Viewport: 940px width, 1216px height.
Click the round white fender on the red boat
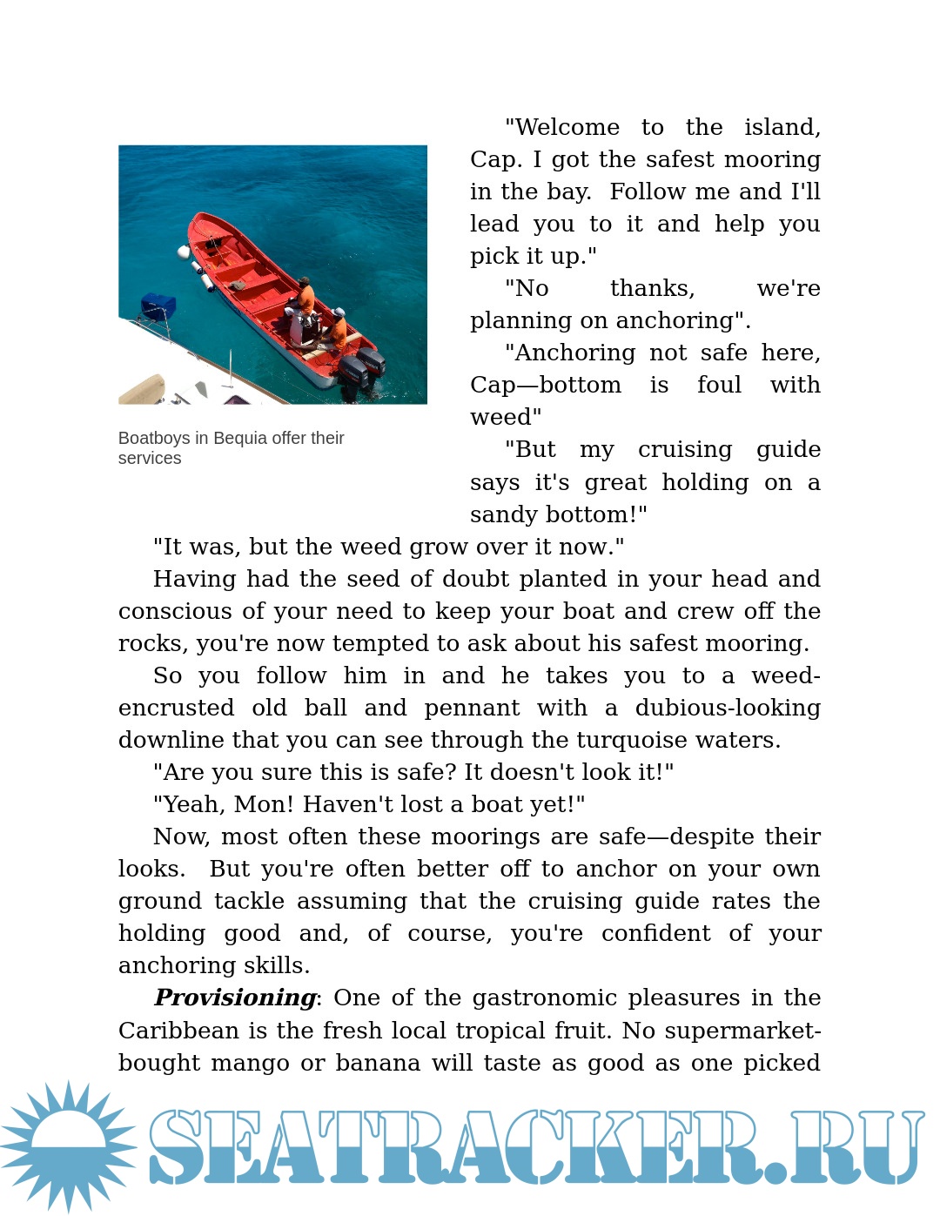[x=184, y=252]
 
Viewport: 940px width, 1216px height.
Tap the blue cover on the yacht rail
[x=158, y=306]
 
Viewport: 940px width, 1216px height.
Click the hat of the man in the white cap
[x=339, y=312]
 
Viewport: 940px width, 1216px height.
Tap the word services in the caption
[x=150, y=458]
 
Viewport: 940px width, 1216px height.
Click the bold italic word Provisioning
[x=235, y=998]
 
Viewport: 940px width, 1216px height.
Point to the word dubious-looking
[x=728, y=708]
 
